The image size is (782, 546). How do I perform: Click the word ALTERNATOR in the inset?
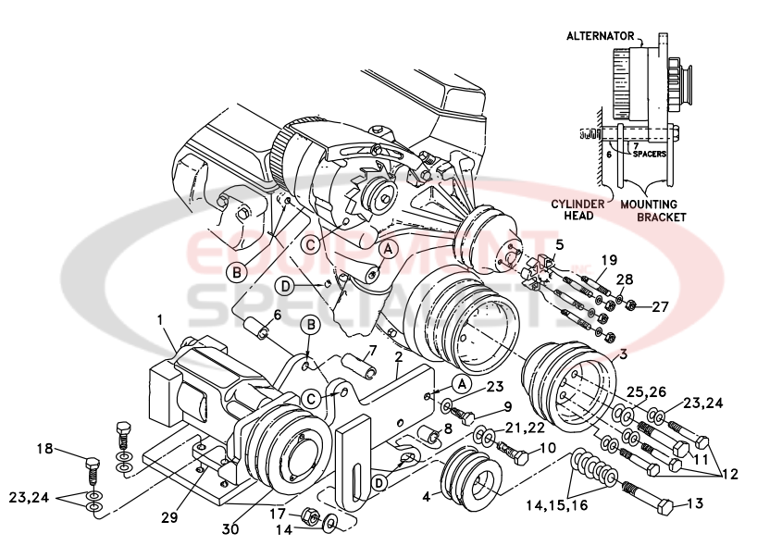pos(601,35)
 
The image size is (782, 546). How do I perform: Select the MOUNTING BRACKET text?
pos(655,210)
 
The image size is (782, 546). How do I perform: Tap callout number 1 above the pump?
pos(160,319)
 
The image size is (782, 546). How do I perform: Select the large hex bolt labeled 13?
pos(652,499)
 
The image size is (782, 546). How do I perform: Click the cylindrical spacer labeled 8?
pos(428,433)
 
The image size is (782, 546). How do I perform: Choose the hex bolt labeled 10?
pos(514,454)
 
